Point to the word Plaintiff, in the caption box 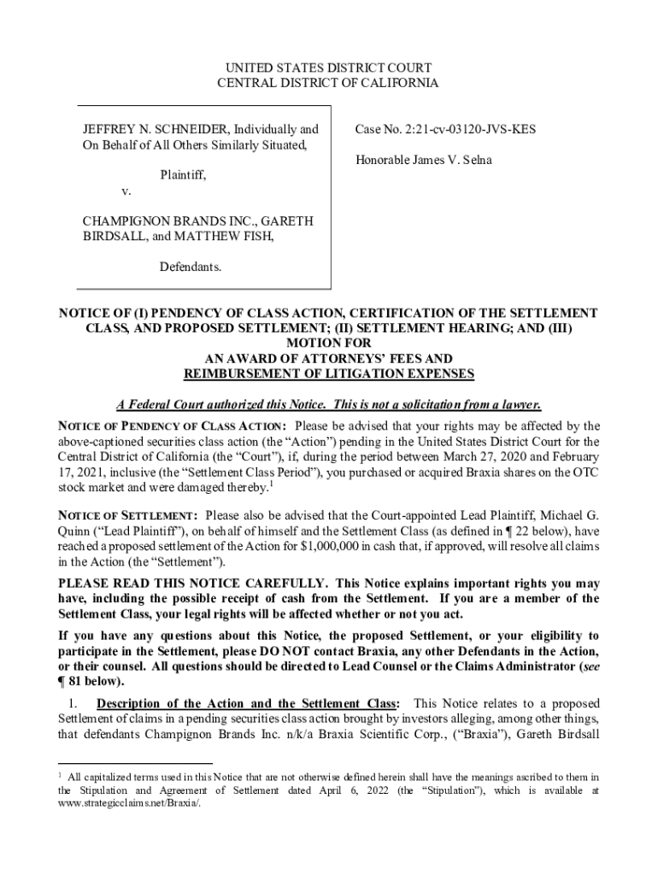(x=184, y=175)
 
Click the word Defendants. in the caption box (x=191, y=267)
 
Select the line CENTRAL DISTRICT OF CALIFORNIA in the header (x=328, y=83)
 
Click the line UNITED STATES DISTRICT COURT (x=328, y=68)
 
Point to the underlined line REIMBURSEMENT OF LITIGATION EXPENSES (x=329, y=374)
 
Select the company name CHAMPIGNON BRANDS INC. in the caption (x=156, y=221)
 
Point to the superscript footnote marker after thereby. (x=271, y=485)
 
